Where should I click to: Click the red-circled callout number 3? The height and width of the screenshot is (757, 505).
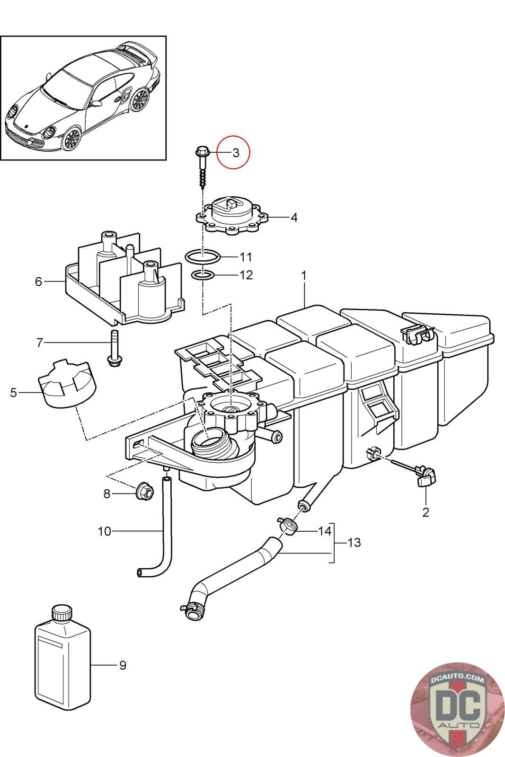(236, 153)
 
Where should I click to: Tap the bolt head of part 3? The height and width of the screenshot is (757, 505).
(202, 152)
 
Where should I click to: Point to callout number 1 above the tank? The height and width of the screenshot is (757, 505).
(304, 276)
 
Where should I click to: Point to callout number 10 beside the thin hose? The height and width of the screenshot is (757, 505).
(104, 531)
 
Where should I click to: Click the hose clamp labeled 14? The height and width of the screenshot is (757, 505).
(287, 526)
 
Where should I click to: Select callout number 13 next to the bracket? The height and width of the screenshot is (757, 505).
(354, 542)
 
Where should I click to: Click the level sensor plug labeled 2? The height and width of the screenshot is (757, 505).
(426, 475)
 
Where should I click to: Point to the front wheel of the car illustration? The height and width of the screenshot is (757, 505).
(71, 139)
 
